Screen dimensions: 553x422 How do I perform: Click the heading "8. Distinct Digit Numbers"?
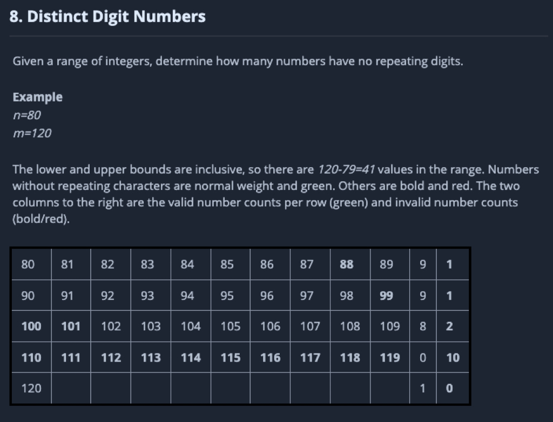click(x=107, y=17)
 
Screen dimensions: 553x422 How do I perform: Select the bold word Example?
click(x=37, y=97)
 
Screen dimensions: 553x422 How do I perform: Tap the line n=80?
click(x=27, y=115)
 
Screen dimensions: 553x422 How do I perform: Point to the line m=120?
click(x=32, y=133)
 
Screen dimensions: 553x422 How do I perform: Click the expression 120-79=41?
click(x=346, y=169)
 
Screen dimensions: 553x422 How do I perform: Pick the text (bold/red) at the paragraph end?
click(x=41, y=219)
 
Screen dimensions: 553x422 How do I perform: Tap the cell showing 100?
click(x=31, y=326)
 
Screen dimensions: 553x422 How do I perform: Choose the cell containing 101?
click(x=71, y=326)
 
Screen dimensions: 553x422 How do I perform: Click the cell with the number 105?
click(x=230, y=326)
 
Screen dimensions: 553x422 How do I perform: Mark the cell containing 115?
click(x=230, y=357)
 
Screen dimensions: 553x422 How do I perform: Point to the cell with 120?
click(x=31, y=388)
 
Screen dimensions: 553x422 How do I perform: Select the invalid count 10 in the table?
click(x=453, y=357)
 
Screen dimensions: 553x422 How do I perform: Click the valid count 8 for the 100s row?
click(x=423, y=326)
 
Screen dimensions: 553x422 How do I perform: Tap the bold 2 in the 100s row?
click(x=449, y=326)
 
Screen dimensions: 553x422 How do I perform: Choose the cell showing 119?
click(x=390, y=357)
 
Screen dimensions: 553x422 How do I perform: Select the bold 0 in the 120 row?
click(x=449, y=388)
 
